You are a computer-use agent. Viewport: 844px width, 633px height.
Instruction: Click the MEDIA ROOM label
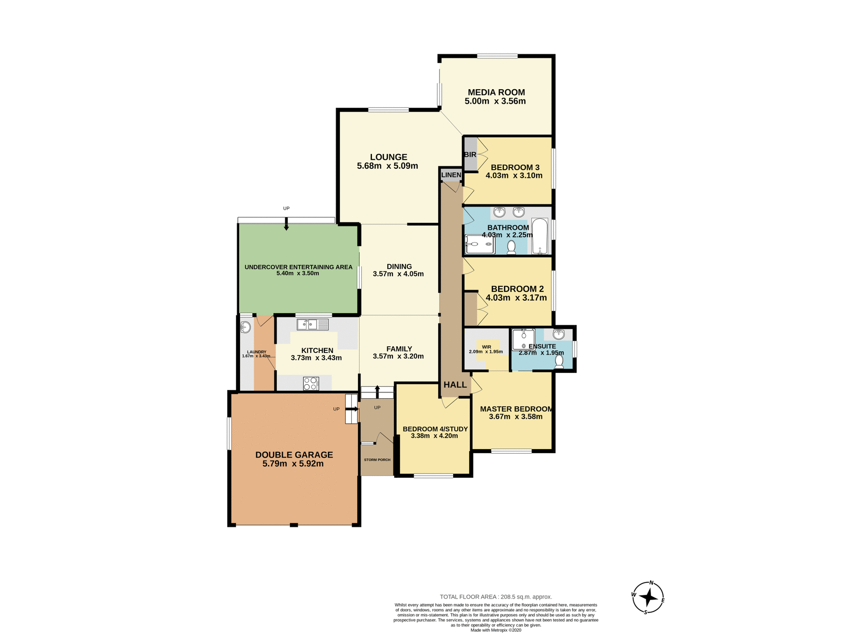pos(496,92)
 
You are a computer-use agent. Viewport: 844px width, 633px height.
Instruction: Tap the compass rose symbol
pos(648,598)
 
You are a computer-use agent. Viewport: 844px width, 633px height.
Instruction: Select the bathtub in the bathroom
pos(539,236)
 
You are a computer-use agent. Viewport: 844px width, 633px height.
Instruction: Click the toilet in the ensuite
pos(559,361)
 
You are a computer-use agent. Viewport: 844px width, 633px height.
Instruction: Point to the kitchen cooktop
pos(311,383)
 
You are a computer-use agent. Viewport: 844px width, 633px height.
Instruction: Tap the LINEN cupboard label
pos(451,175)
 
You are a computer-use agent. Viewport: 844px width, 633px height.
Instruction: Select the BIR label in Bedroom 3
pos(470,155)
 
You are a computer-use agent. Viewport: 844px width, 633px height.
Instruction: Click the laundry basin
pos(245,327)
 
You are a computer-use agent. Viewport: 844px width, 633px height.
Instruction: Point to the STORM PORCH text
pos(377,460)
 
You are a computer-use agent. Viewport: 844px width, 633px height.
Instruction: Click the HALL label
pos(455,385)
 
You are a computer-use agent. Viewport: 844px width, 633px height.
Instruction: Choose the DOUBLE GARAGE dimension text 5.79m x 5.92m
pos(293,464)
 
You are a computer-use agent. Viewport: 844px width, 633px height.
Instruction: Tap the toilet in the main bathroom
pos(511,247)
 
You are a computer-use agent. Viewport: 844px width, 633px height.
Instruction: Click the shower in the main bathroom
pos(480,244)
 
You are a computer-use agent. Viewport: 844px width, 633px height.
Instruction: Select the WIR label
pos(486,347)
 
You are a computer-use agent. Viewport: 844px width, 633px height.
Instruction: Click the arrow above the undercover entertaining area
pos(286,226)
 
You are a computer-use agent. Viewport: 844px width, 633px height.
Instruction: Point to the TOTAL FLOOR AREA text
pos(496,597)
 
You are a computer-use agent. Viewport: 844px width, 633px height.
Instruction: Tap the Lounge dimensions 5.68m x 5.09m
pos(387,166)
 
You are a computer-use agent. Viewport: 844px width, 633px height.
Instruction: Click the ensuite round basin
pos(558,334)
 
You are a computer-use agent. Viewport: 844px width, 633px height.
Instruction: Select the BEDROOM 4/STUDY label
pos(435,429)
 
